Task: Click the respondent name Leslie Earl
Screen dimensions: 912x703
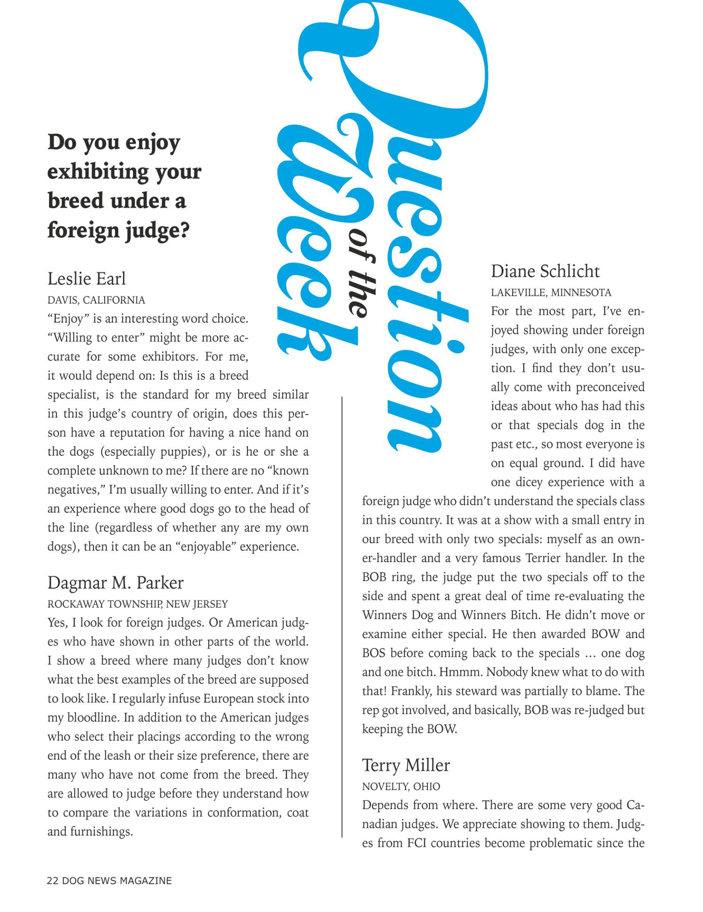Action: [x=86, y=279]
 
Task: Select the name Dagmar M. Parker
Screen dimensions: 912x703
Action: [x=115, y=583]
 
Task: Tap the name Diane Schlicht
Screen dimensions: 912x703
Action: [x=545, y=271]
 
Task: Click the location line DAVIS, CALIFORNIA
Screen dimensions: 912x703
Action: [x=96, y=300]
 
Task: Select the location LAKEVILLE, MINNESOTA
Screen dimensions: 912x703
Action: [x=551, y=293]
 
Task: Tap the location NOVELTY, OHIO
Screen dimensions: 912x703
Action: [x=401, y=786]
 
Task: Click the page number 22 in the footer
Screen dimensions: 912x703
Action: [x=52, y=881]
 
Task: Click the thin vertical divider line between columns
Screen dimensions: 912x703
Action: [x=342, y=618]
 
